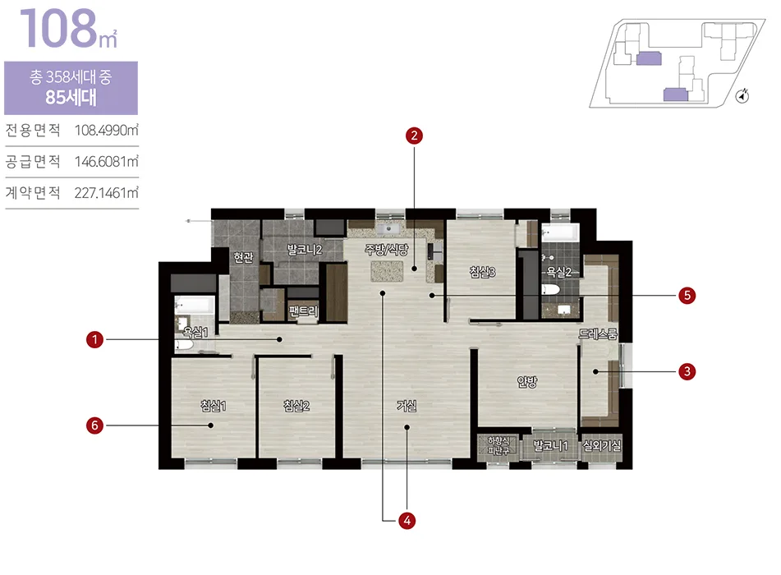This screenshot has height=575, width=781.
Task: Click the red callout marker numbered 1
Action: tap(94, 340)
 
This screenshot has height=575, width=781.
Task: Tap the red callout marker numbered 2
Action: tap(414, 136)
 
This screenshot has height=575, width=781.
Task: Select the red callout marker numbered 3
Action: tap(687, 371)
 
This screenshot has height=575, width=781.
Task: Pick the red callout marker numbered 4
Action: tap(407, 521)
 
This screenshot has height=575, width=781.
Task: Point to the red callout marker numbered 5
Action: tap(687, 296)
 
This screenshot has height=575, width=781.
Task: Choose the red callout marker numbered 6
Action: tap(94, 425)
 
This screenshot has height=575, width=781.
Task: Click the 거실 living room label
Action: tap(407, 406)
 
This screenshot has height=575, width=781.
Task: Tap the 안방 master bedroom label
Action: tap(527, 382)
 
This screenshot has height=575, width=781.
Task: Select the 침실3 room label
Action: tap(482, 272)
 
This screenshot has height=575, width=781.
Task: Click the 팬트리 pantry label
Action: tap(303, 311)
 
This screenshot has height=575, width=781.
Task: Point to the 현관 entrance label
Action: tap(244, 257)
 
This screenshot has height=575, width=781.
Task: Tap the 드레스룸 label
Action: tap(598, 333)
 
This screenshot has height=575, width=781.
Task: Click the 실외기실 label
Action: tap(602, 445)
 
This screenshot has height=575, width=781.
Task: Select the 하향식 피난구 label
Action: tap(498, 445)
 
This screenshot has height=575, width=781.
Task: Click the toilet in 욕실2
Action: tap(551, 290)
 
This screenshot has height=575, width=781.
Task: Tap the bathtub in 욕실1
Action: tap(195, 305)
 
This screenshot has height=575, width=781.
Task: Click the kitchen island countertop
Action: tap(387, 271)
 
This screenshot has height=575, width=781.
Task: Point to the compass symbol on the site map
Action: tap(742, 95)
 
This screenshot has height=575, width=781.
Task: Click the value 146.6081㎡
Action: tap(107, 162)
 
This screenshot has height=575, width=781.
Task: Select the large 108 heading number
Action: tap(58, 28)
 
